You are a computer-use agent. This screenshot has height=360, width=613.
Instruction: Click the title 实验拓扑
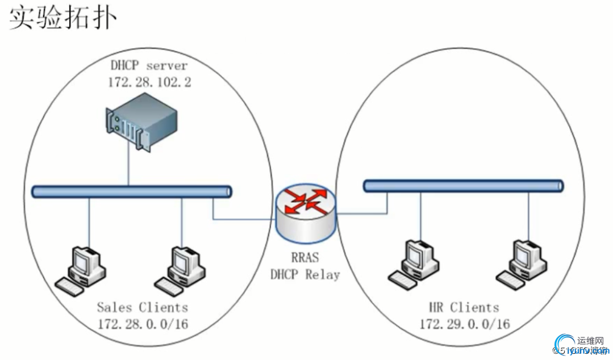[x=63, y=17]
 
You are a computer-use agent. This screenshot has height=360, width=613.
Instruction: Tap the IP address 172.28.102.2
[x=149, y=82]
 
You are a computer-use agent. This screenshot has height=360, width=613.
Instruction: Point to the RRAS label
[x=305, y=258]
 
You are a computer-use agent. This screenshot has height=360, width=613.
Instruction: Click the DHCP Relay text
[x=305, y=275]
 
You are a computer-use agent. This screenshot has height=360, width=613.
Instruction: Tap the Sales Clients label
[x=142, y=308]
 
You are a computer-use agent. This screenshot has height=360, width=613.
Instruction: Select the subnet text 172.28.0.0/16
[x=142, y=324]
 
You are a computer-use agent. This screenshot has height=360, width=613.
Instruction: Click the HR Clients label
[x=464, y=308]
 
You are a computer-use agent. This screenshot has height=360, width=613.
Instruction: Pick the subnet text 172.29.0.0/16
[x=464, y=324]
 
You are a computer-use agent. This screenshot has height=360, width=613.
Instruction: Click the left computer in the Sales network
[x=82, y=269]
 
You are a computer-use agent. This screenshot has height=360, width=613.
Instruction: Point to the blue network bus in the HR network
[x=463, y=186]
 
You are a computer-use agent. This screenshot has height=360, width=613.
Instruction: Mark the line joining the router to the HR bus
[x=364, y=214]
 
